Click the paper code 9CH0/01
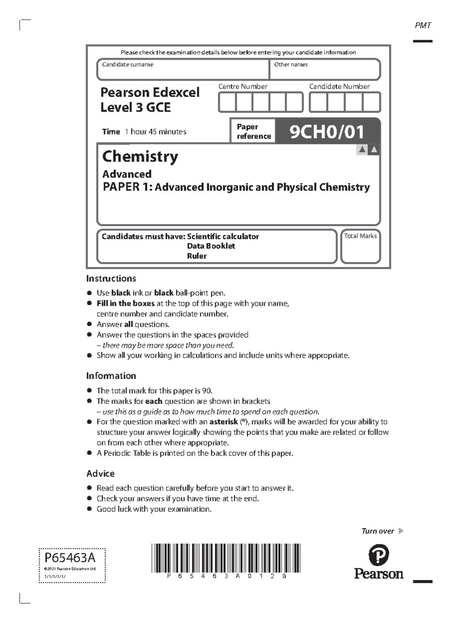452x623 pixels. pyautogui.click(x=327, y=132)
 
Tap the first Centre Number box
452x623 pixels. pyautogui.click(x=227, y=103)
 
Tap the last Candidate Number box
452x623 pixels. pyautogui.click(x=371, y=103)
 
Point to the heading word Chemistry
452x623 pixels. pyautogui.click(x=140, y=156)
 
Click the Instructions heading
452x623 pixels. pyautogui.click(x=111, y=279)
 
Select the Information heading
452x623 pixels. pyautogui.click(x=111, y=376)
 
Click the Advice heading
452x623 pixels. pyautogui.click(x=100, y=473)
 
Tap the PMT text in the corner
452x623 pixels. pyautogui.click(x=423, y=26)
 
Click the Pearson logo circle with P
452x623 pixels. pyautogui.click(x=378, y=555)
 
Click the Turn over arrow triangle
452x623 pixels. pyautogui.click(x=401, y=531)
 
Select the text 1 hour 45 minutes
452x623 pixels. pyautogui.click(x=156, y=132)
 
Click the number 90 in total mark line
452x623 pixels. pyautogui.click(x=207, y=391)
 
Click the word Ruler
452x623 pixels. pyautogui.click(x=197, y=256)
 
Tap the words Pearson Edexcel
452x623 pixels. pyautogui.click(x=150, y=92)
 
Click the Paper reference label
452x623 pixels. pyautogui.click(x=253, y=132)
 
